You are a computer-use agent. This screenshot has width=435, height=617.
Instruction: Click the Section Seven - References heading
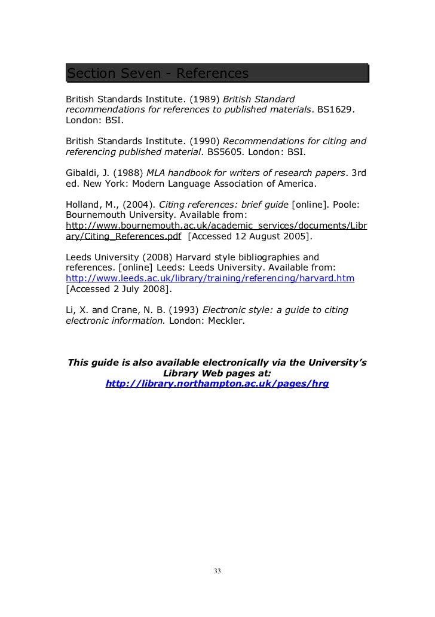pos(157,73)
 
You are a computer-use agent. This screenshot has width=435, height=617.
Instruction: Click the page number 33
pos(217,571)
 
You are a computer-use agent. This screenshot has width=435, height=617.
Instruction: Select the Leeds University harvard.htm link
pos(210,278)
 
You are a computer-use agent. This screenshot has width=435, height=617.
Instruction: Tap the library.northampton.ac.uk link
pos(217,384)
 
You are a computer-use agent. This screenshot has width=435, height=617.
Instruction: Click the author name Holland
pos(83,203)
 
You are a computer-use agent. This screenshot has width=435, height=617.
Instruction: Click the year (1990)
pos(203,141)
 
